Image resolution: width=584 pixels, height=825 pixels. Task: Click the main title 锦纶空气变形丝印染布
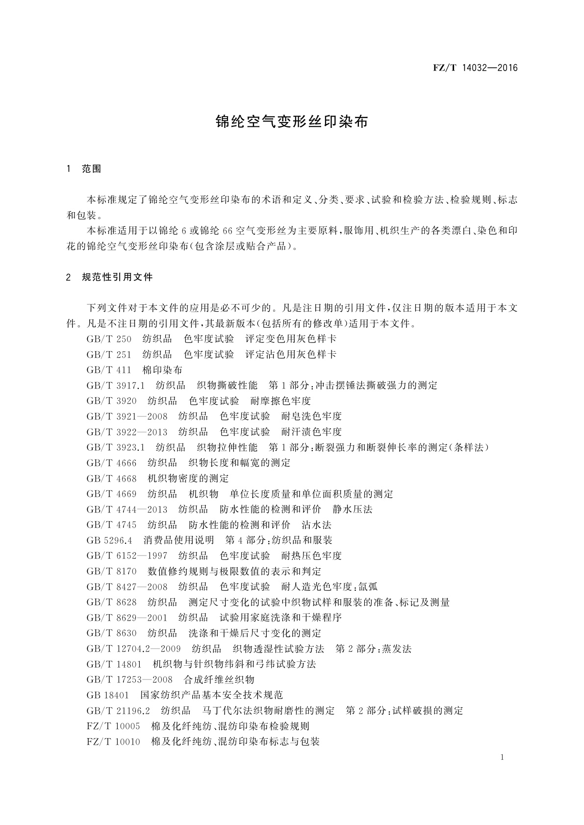(x=292, y=122)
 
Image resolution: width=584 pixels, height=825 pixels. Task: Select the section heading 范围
(x=92, y=169)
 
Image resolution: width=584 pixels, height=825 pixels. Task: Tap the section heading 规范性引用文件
(x=118, y=277)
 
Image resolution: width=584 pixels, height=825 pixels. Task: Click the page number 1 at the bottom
(x=502, y=757)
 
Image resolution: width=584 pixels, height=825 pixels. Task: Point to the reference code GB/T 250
(x=109, y=339)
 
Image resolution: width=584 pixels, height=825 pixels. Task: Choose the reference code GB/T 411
(x=109, y=370)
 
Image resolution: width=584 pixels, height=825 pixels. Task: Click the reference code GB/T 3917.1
(x=115, y=386)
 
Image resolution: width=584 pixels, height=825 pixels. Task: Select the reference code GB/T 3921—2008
(x=127, y=416)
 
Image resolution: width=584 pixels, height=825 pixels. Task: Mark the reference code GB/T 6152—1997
(x=127, y=556)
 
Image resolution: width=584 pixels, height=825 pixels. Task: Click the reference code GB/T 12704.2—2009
(x=133, y=649)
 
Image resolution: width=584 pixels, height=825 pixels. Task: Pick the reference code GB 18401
(x=107, y=695)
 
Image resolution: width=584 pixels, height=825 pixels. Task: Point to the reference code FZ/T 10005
(x=113, y=726)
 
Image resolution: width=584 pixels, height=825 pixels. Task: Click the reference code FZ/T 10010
(x=113, y=742)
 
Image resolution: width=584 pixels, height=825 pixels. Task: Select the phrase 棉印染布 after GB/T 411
(x=162, y=370)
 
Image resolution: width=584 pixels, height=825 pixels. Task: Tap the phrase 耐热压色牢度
(x=311, y=556)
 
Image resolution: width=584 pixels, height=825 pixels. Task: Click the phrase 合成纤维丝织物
(x=219, y=680)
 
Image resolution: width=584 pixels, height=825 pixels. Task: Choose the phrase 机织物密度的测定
(x=188, y=479)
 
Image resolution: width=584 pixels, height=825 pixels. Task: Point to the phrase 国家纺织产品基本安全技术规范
(x=212, y=695)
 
